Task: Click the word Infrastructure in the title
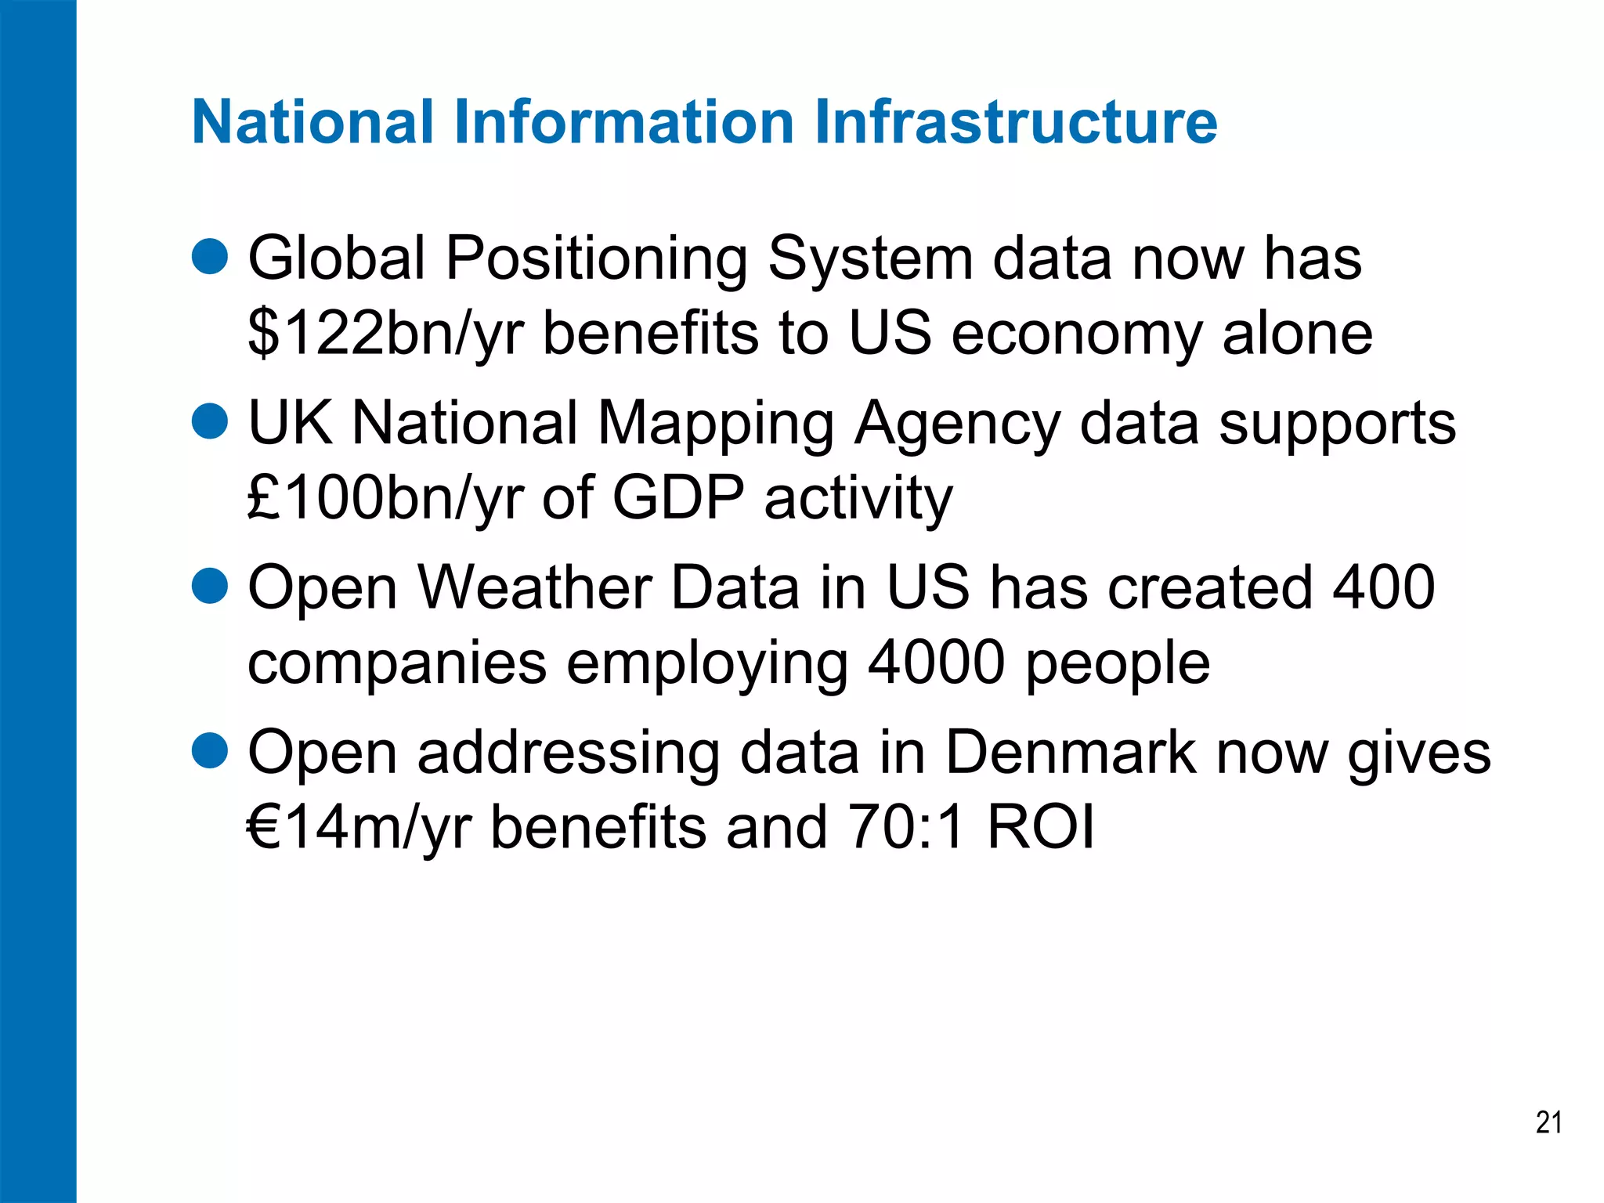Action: tap(1016, 122)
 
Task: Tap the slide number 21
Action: tap(1548, 1122)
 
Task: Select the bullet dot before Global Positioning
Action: tap(209, 257)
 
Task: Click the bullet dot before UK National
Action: tap(209, 421)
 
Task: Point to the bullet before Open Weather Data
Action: tap(209, 586)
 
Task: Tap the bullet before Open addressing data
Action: tap(209, 751)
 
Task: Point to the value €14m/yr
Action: tap(359, 827)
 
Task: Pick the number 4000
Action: tap(937, 663)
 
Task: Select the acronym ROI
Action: tap(1041, 827)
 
